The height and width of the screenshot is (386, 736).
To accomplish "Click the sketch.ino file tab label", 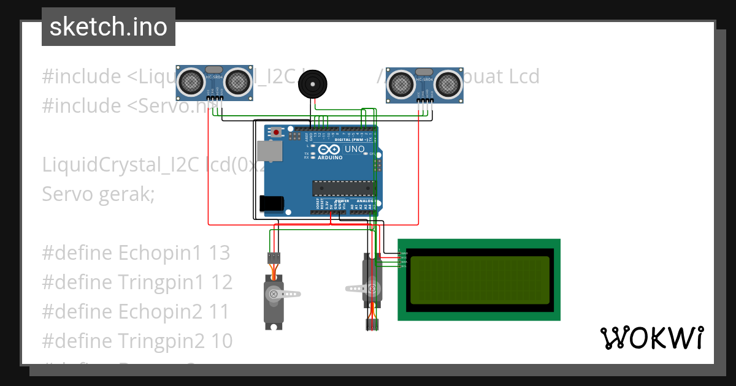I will (x=108, y=27).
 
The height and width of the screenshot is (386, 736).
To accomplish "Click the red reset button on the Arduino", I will (x=276, y=132).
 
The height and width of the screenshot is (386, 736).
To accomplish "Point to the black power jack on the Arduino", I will (x=272, y=203).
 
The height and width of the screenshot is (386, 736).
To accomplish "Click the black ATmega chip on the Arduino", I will (x=343, y=189).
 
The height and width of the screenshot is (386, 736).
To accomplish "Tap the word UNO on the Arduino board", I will (x=355, y=149).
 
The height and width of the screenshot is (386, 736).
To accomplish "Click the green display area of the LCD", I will (x=479, y=280).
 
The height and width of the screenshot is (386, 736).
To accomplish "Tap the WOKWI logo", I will (x=651, y=338).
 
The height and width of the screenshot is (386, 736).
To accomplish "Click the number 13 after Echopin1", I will (x=219, y=252).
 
